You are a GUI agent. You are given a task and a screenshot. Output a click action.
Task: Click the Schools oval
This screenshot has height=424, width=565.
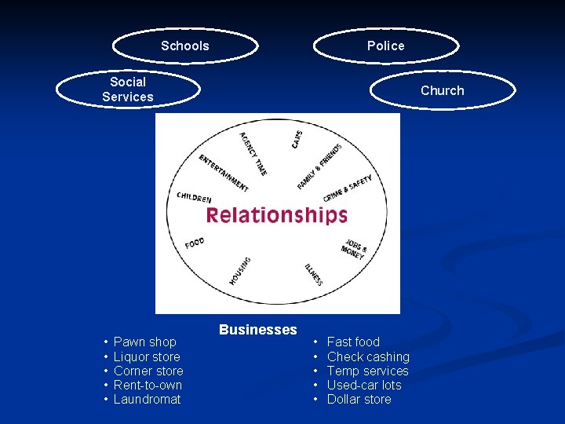tap(185, 46)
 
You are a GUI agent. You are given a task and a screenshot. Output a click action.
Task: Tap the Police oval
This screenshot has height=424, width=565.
tap(385, 46)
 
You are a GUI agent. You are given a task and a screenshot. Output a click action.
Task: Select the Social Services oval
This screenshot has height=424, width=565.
tap(128, 90)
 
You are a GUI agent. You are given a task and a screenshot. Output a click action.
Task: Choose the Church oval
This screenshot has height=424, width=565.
tap(442, 90)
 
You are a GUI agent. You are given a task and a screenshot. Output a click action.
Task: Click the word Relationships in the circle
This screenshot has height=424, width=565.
tap(276, 215)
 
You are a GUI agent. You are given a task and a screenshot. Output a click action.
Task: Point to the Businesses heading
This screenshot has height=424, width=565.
tap(257, 330)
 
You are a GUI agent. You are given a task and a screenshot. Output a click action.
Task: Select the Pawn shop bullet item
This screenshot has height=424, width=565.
tap(145, 342)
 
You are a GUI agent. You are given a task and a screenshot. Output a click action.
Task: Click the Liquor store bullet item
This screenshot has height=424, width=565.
tap(147, 356)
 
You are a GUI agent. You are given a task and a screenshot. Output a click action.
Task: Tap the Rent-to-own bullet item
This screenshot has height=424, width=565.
tap(148, 385)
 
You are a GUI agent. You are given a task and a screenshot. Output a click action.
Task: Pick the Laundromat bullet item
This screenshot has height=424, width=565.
tap(147, 399)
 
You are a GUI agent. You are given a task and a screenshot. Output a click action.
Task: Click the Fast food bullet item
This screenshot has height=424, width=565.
tap(353, 342)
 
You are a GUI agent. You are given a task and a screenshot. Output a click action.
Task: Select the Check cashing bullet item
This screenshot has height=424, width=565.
tap(368, 356)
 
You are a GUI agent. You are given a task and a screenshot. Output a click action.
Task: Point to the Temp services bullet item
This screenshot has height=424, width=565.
tap(367, 371)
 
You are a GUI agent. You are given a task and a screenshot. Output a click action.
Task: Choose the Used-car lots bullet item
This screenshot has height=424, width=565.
tap(363, 385)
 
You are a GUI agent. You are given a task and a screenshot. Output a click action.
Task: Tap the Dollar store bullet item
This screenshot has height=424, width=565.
tap(359, 399)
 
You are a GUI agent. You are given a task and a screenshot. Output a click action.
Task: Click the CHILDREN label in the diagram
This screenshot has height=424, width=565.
tap(194, 198)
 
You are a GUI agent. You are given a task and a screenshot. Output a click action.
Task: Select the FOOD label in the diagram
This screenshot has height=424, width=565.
tap(195, 243)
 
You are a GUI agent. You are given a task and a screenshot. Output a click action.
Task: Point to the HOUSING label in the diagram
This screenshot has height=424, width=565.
tap(240, 271)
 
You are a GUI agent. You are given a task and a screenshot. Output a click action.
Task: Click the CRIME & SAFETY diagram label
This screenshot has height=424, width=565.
tap(348, 188)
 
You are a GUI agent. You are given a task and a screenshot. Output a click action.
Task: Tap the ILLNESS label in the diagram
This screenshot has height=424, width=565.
tap(313, 272)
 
